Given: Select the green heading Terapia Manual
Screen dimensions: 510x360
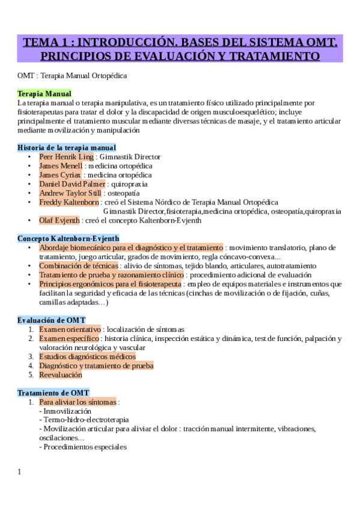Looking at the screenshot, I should coord(44,94).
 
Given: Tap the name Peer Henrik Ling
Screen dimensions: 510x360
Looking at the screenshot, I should coord(66,156).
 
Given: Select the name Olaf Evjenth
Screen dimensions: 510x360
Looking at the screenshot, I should coord(59,220).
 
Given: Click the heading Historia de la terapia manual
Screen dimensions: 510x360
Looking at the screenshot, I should coord(66,147).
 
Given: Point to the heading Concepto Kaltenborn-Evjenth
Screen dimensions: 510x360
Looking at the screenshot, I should coord(68,238).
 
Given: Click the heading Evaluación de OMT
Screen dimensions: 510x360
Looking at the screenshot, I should coord(51,320).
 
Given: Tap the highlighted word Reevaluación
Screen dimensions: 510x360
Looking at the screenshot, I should coord(60,374).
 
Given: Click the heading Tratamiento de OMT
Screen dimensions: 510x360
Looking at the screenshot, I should coord(53,392).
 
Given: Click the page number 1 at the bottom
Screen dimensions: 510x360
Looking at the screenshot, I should coord(19,472).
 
